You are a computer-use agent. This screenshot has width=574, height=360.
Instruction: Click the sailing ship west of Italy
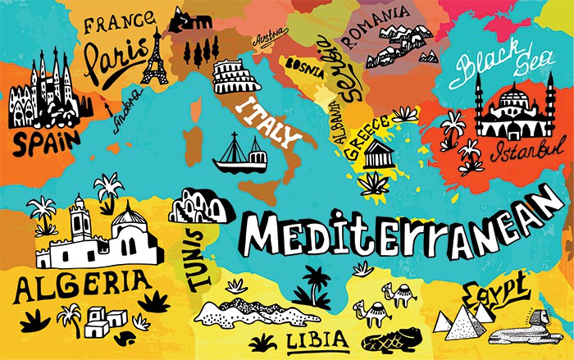click(x=239, y=153)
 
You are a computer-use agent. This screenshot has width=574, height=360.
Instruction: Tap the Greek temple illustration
click(x=377, y=153)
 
